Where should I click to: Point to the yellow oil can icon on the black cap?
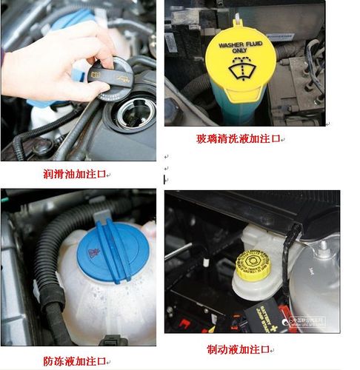tap(96, 74)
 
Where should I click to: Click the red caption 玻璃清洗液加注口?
tap(239, 138)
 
